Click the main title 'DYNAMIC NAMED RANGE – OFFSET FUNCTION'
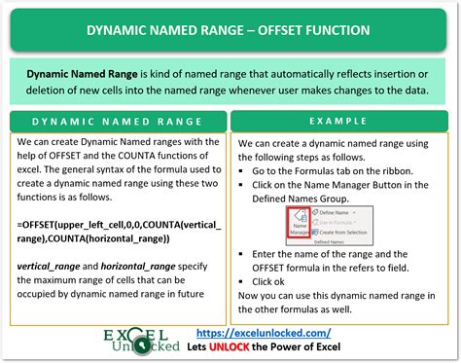[230, 29]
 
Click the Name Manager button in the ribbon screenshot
[300, 228]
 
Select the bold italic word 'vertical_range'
[48, 265]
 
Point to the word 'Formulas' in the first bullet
[316, 168]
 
